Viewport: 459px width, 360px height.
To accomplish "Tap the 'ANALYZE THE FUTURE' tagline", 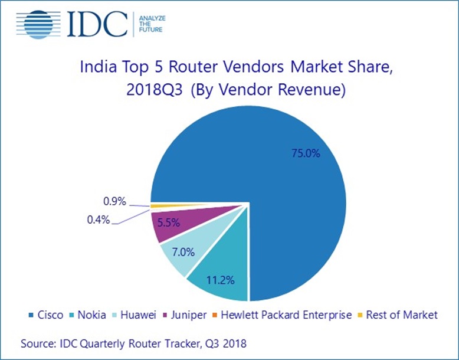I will pos(151,23).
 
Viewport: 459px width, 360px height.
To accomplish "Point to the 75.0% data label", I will pos(306,154).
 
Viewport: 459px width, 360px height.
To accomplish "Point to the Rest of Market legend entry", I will pos(399,315).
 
